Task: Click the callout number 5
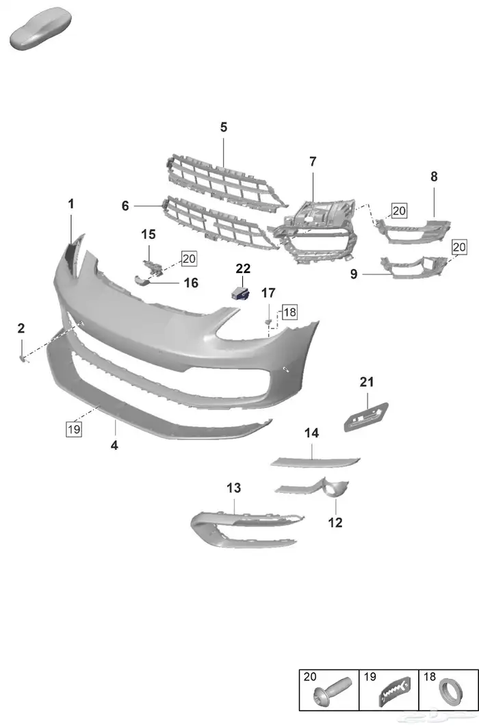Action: click(x=224, y=127)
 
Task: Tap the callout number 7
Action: click(x=313, y=162)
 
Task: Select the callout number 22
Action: click(x=243, y=269)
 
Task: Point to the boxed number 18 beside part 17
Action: click(x=289, y=312)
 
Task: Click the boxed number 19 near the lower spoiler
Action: click(x=73, y=429)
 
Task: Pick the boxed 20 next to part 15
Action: click(x=189, y=258)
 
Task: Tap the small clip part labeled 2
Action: click(x=23, y=357)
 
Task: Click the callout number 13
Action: click(x=234, y=488)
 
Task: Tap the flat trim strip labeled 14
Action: click(x=315, y=460)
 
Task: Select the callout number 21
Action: click(x=367, y=382)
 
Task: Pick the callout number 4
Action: click(x=114, y=446)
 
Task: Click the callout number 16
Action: click(x=190, y=283)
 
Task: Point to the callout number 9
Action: click(x=354, y=275)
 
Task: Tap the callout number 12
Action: click(x=335, y=522)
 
